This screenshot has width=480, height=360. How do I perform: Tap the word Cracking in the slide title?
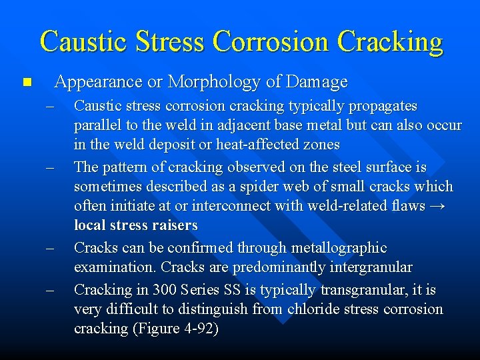(x=390, y=41)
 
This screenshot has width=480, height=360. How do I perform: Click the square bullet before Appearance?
(x=26, y=83)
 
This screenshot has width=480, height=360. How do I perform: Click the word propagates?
(x=386, y=106)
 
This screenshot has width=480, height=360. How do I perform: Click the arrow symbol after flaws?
(x=437, y=206)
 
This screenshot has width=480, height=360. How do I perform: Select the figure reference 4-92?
(x=197, y=329)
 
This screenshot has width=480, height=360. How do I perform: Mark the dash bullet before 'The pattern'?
(x=49, y=167)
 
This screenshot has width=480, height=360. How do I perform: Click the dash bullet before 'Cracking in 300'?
(x=49, y=290)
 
